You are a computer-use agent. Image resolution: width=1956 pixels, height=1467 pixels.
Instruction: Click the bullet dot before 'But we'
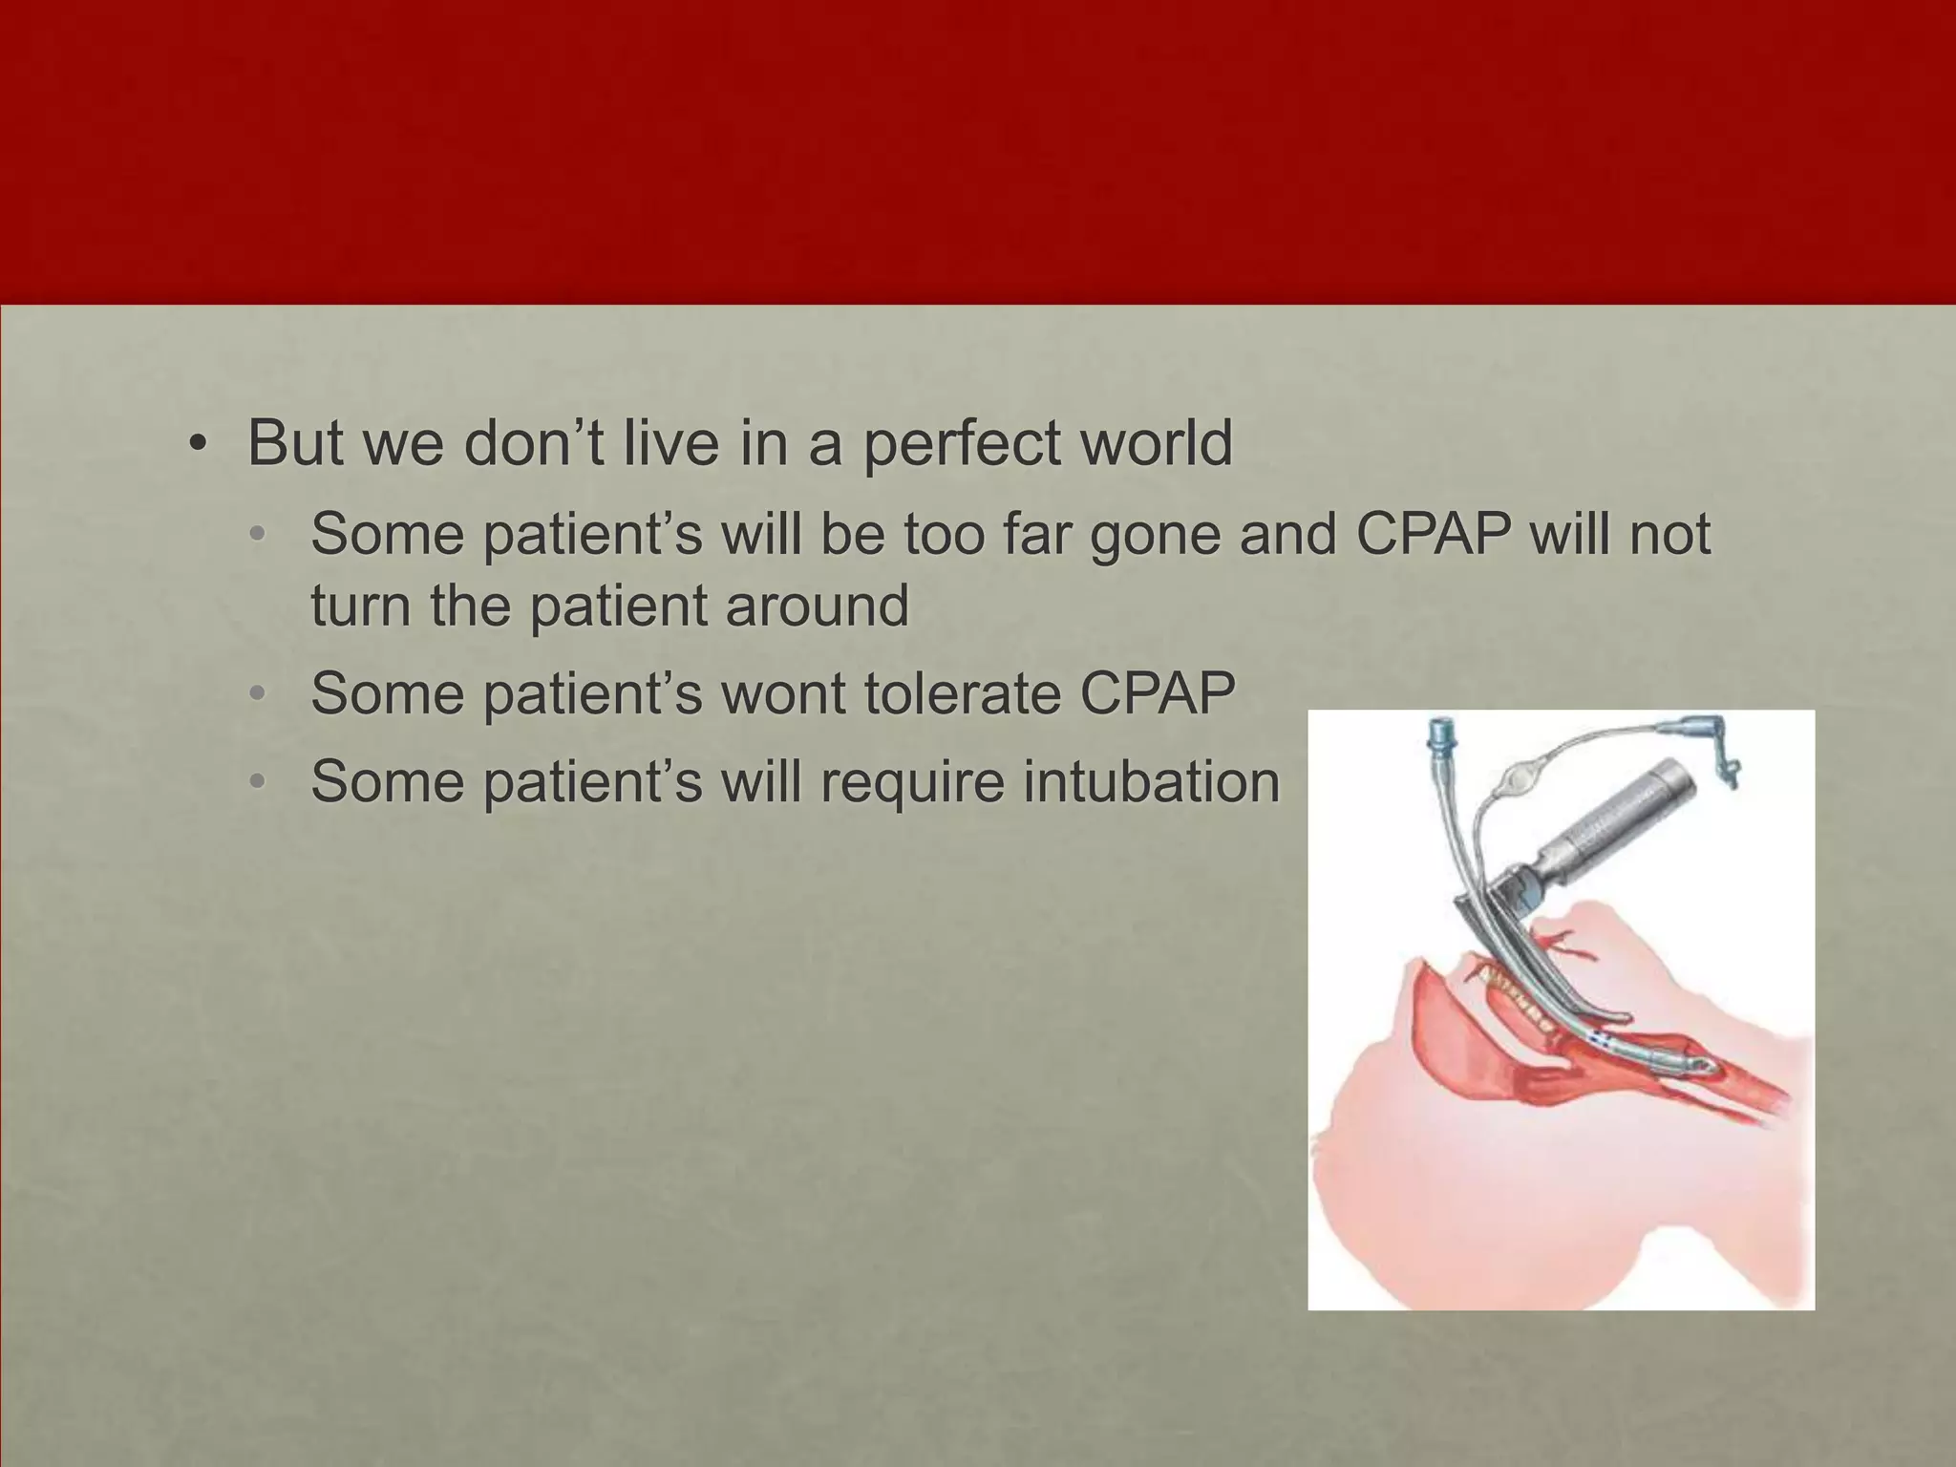pos(197,445)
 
